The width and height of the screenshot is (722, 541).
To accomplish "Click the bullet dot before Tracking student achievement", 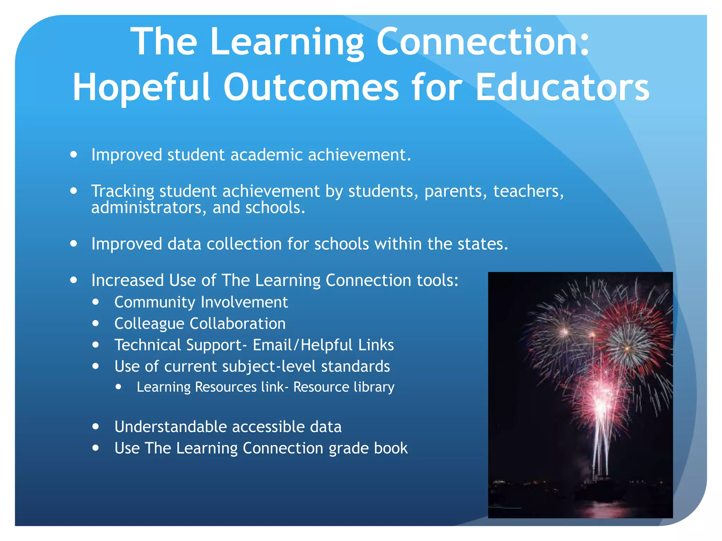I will [x=74, y=191].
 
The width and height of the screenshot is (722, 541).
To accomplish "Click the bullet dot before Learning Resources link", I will [x=118, y=387].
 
